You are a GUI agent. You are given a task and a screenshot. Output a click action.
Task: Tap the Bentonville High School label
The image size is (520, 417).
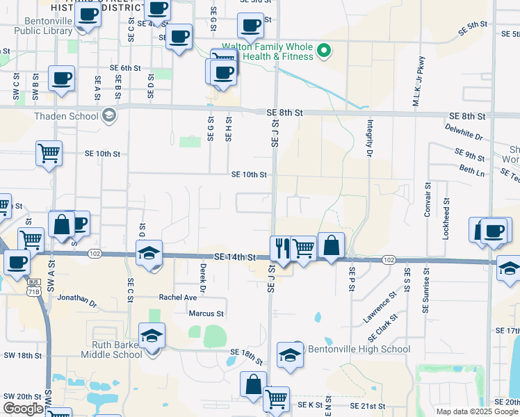359,349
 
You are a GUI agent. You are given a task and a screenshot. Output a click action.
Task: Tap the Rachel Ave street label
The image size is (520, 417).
178,297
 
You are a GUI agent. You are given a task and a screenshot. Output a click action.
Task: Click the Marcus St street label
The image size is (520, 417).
206,313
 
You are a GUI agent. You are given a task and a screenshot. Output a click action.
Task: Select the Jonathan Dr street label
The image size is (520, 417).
78,300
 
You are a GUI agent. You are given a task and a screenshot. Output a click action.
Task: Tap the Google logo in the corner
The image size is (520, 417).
23,409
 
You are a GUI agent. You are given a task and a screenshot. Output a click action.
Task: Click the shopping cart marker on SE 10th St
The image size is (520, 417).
49,154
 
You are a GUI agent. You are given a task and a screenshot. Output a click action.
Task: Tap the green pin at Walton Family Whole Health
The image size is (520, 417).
323,50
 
